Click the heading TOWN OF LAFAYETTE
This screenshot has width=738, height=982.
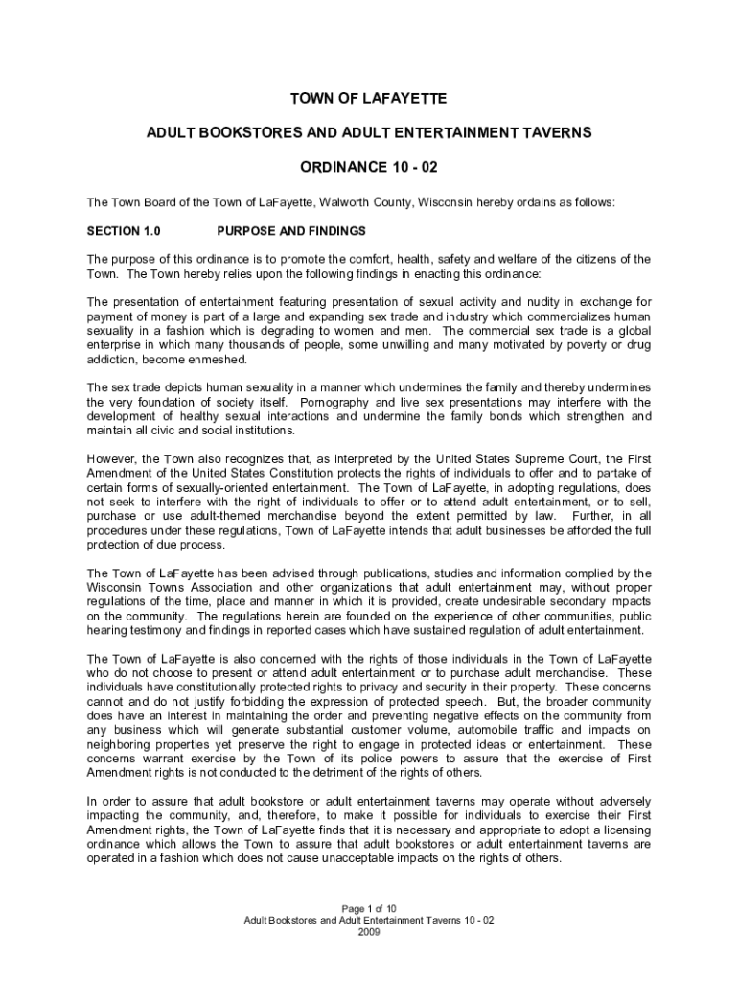[x=369, y=99]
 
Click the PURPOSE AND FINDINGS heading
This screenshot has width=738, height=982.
[x=291, y=231]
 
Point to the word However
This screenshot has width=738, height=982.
[x=112, y=458]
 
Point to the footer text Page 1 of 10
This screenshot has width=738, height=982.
[x=369, y=908]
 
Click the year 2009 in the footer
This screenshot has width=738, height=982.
[x=369, y=931]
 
